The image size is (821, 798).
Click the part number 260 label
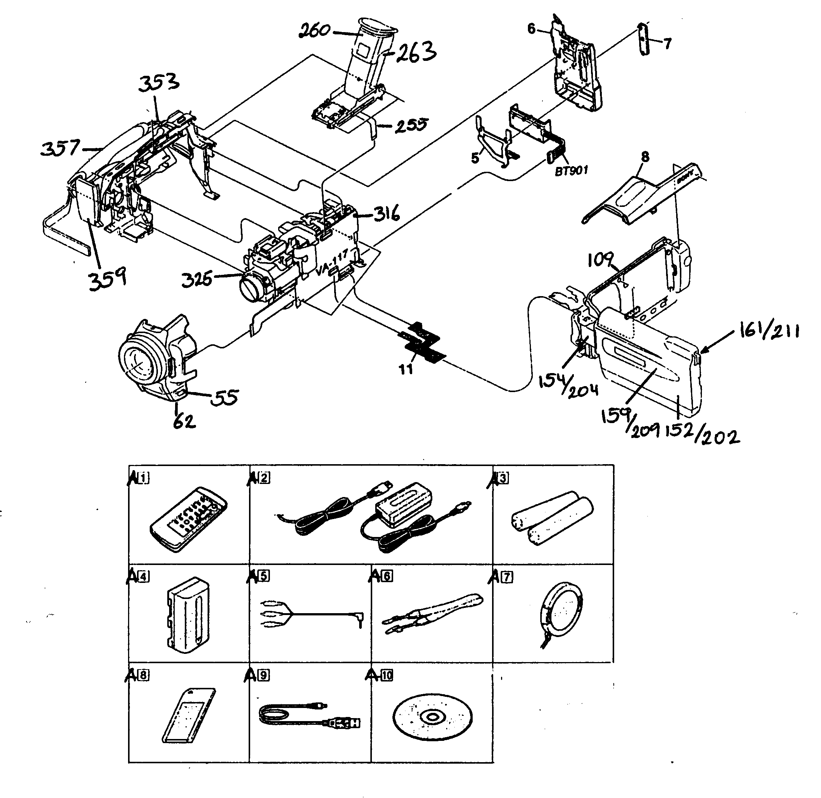[x=314, y=30]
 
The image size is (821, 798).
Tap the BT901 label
[x=571, y=171]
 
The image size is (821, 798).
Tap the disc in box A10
[x=432, y=717]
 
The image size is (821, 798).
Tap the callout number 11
[x=406, y=369]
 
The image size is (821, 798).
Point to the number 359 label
[x=107, y=278]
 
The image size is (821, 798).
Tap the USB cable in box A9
[x=309, y=717]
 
